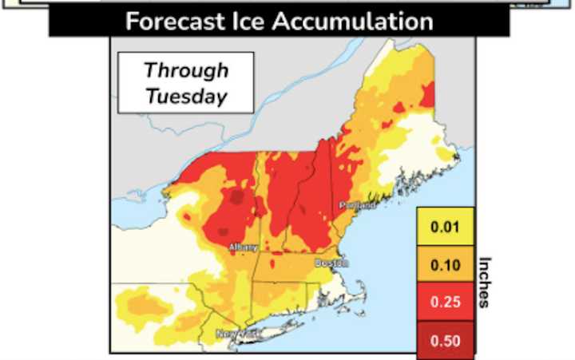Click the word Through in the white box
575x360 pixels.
[x=185, y=70]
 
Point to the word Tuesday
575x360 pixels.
[x=185, y=96]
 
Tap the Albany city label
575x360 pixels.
[x=243, y=247]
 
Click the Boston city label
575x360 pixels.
[x=331, y=263]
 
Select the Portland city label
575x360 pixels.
[x=357, y=206]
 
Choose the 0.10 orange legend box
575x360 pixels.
[x=446, y=265]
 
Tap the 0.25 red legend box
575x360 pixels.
[x=446, y=303]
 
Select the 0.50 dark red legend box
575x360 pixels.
[x=446, y=339]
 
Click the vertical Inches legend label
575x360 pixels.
[x=485, y=282]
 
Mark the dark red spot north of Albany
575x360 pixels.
[x=236, y=196]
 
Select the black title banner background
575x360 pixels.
[x=80, y=22]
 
